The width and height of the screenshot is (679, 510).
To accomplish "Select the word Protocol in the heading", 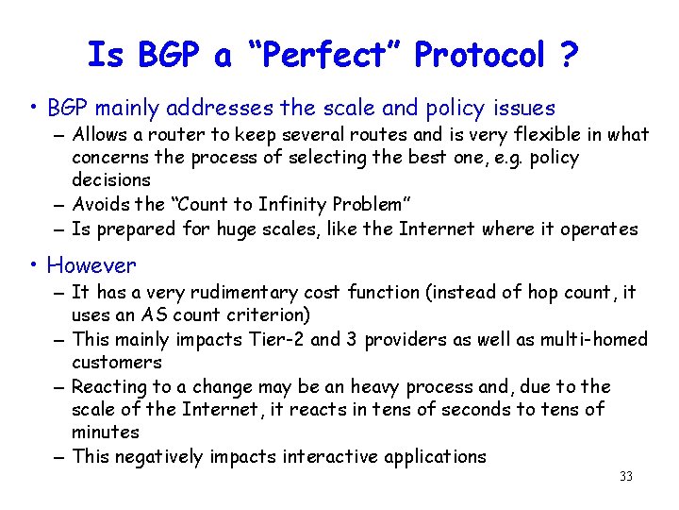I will pyautogui.click(x=479, y=56).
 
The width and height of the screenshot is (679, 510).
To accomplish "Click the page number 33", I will pyautogui.click(x=626, y=477).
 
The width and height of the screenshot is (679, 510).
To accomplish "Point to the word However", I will pyautogui.click(x=91, y=265).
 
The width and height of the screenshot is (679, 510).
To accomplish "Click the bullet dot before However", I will pyautogui.click(x=34, y=266).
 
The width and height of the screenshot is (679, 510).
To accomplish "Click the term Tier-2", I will pyautogui.click(x=281, y=339).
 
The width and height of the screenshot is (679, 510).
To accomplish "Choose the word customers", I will pyautogui.click(x=117, y=363).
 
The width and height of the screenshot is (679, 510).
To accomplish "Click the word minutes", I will pyautogui.click(x=106, y=433).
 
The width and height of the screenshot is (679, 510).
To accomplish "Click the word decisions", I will pyautogui.click(x=111, y=179).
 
